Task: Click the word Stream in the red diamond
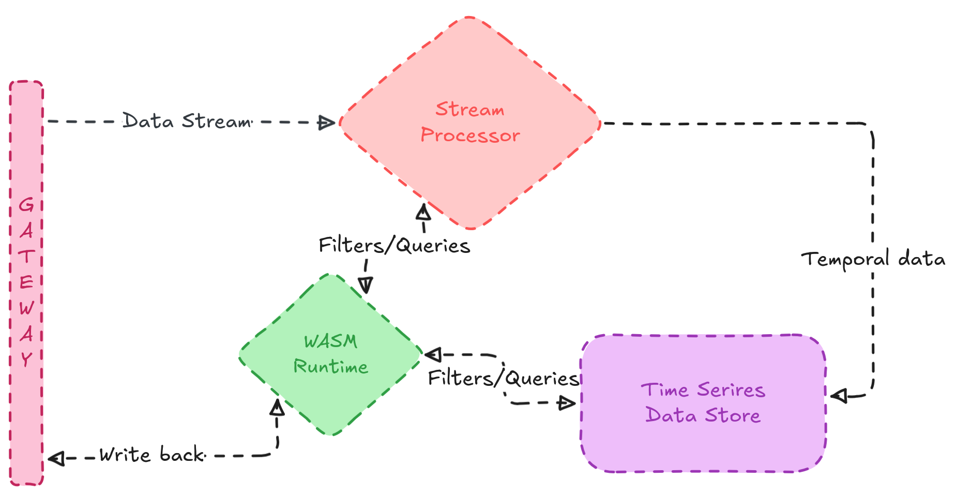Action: [x=469, y=110]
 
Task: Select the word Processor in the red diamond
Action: [x=470, y=135]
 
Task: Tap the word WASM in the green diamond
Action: [x=330, y=341]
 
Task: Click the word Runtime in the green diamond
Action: [x=331, y=367]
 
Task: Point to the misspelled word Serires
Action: [x=731, y=390]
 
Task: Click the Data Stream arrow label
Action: [x=187, y=121]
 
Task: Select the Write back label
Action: [x=152, y=455]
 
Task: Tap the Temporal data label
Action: [x=873, y=259]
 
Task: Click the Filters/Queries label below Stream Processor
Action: [x=394, y=245]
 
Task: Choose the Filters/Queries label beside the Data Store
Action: [x=503, y=378]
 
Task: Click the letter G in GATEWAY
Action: [x=26, y=205]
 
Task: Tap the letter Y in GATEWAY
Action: [x=26, y=358]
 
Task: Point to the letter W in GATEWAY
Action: [x=26, y=308]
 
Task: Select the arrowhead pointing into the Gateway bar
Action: [x=55, y=458]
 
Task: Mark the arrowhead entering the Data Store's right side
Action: [x=838, y=396]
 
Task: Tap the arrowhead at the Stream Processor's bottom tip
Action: [x=423, y=212]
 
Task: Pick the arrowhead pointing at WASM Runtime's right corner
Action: [x=432, y=355]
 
